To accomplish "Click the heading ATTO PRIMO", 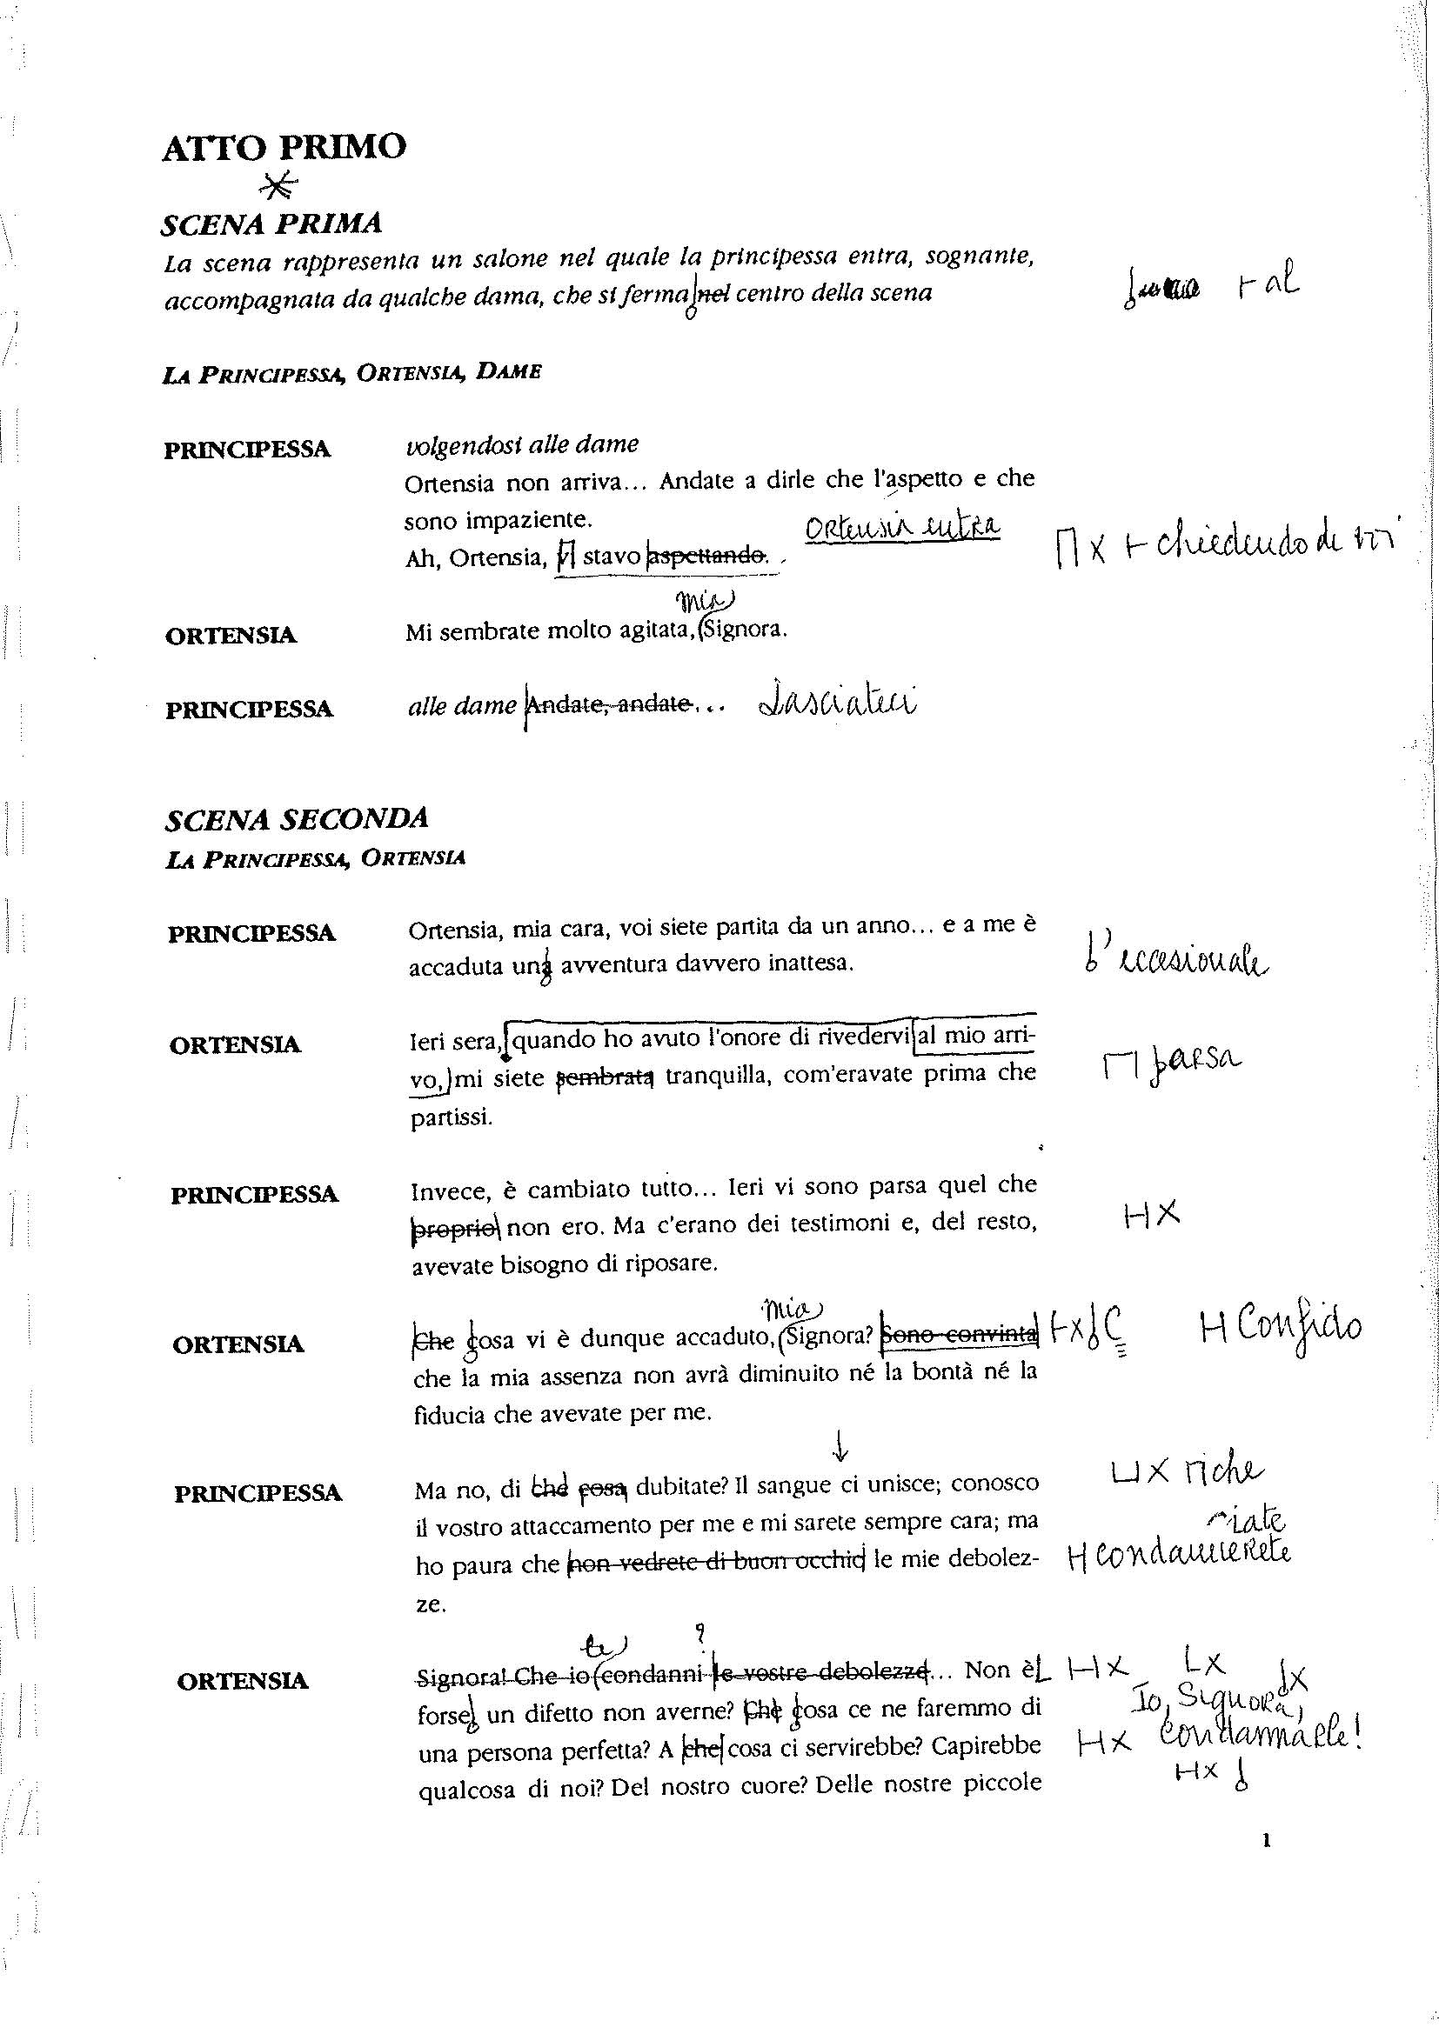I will pos(284,147).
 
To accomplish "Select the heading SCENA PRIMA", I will pos(271,223).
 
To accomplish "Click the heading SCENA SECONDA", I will pos(296,818).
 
